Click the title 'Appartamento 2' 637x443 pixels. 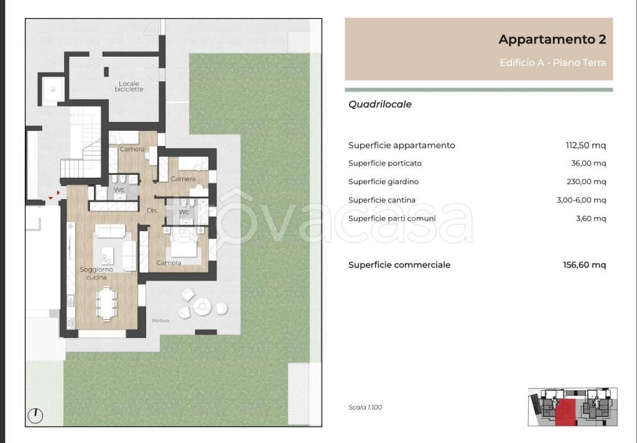click(552, 40)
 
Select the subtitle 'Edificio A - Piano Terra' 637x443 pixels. click(552, 63)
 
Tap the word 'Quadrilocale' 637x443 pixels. click(380, 105)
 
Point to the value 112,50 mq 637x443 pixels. click(585, 146)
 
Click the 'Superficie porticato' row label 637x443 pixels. click(385, 164)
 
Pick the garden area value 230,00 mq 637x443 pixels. click(585, 182)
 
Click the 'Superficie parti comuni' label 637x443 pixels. click(392, 218)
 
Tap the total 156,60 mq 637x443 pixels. click(585, 265)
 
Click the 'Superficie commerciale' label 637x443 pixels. click(399, 265)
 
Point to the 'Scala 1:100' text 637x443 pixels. click(365, 408)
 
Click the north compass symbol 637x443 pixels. click(36, 414)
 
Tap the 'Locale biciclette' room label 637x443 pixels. click(129, 86)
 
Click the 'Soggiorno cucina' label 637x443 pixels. click(96, 273)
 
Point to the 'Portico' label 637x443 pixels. click(160, 320)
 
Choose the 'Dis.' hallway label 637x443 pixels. click(152, 211)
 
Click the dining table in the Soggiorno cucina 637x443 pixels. click(106, 305)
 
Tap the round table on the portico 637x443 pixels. click(203, 305)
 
